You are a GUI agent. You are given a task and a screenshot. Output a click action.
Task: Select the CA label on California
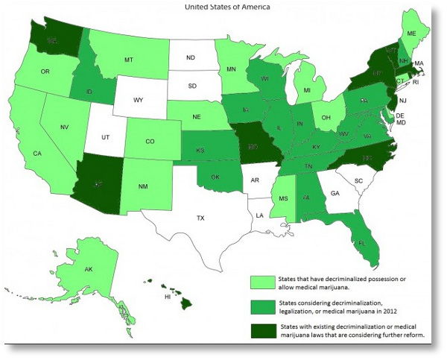coord(37,154)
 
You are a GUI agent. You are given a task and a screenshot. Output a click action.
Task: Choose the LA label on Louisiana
coord(259,215)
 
